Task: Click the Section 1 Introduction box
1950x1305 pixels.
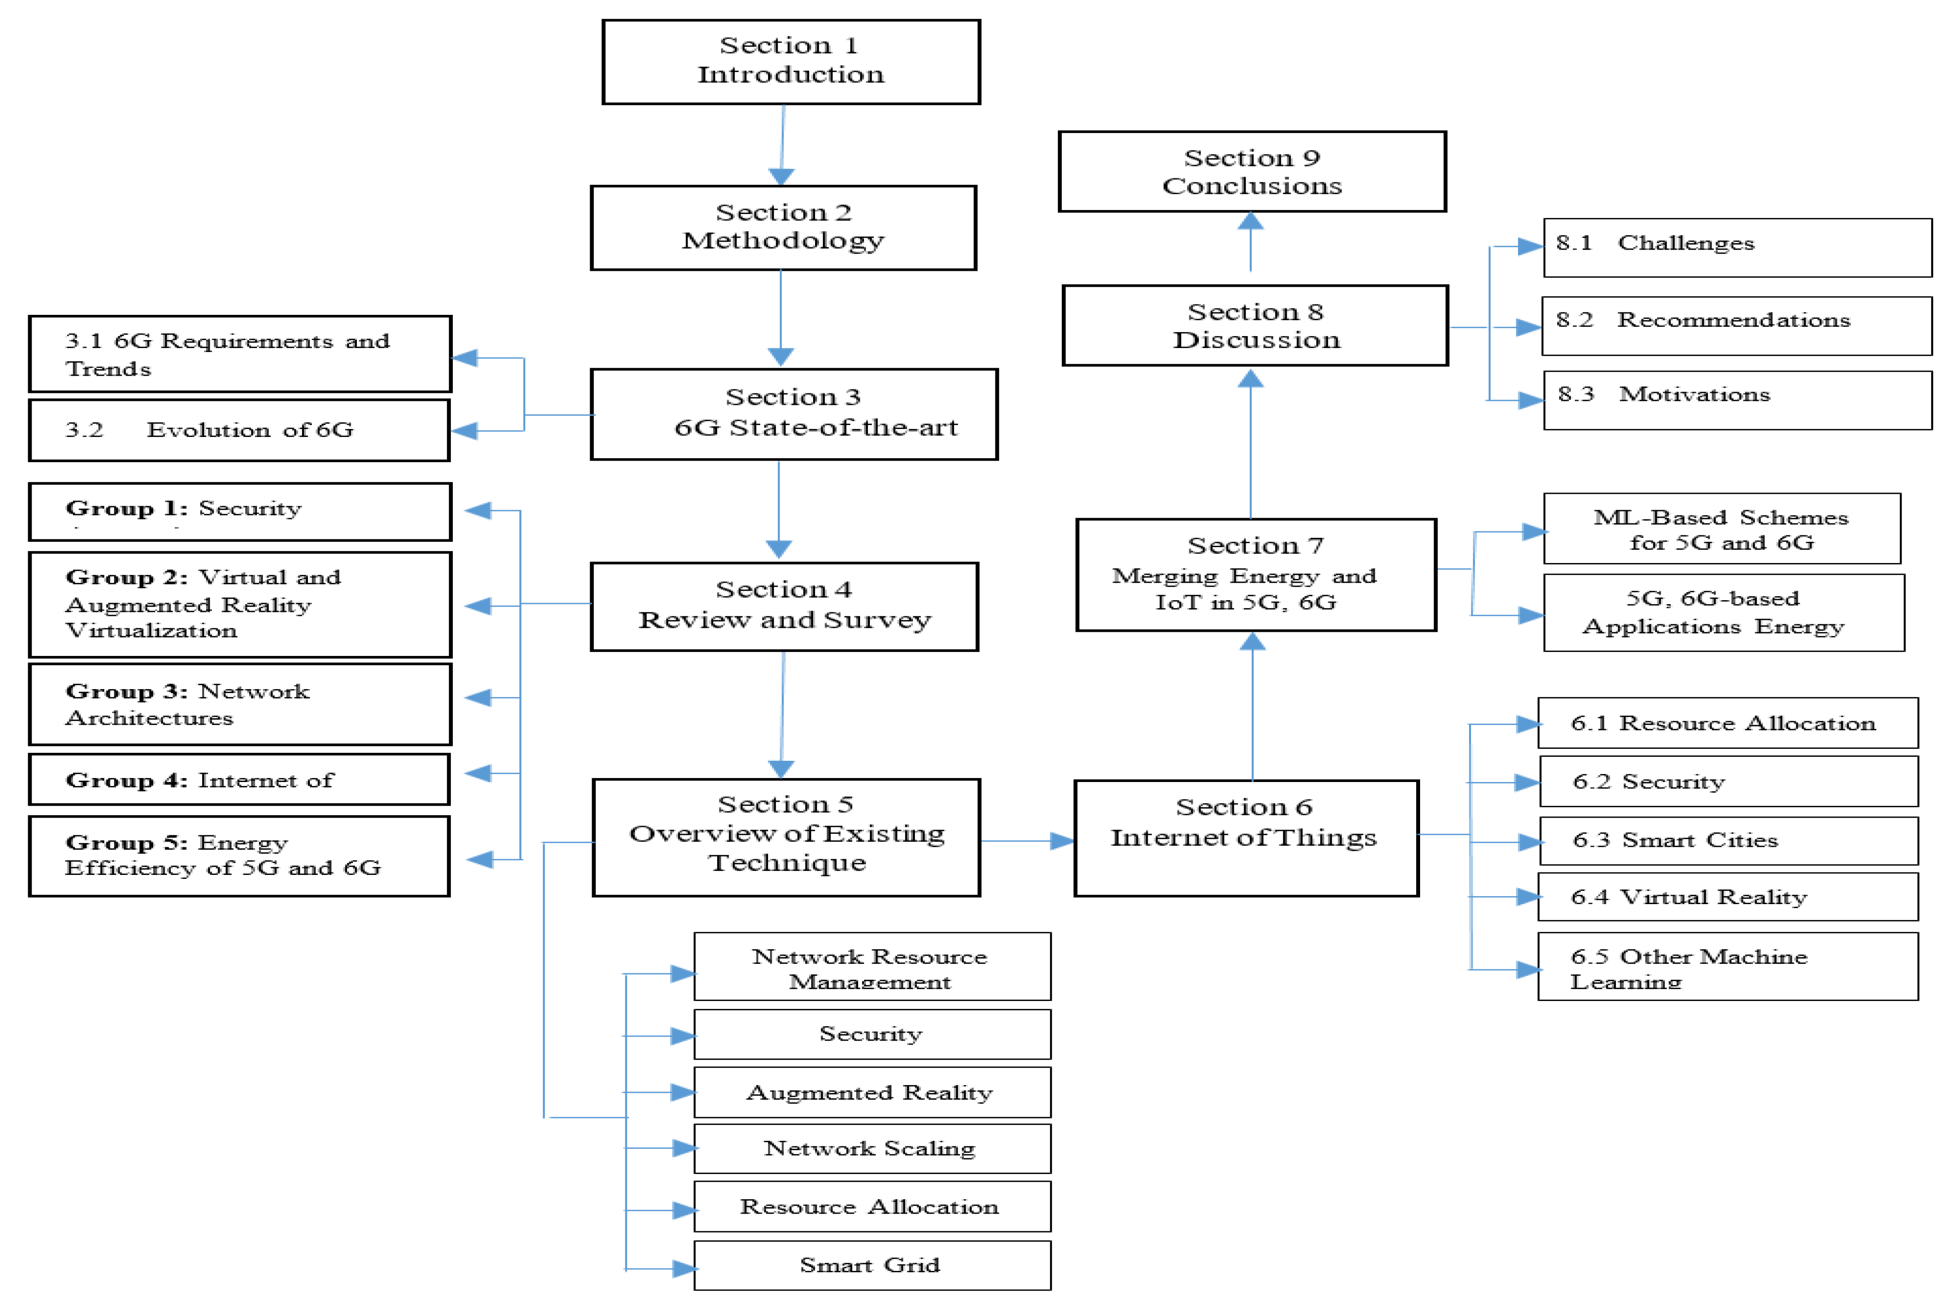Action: pyautogui.click(x=791, y=62)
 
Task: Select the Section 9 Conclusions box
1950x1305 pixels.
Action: pyautogui.click(x=1252, y=172)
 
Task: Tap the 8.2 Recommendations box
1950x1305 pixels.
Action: pyautogui.click(x=1736, y=325)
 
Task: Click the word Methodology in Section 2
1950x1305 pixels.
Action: pyautogui.click(x=782, y=241)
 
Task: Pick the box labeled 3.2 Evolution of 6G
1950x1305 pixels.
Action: pyautogui.click(x=239, y=430)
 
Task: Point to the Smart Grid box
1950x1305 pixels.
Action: pyautogui.click(x=871, y=1265)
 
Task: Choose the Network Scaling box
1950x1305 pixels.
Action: pyautogui.click(x=871, y=1148)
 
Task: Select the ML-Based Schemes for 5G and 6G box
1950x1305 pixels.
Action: pyautogui.click(x=1721, y=529)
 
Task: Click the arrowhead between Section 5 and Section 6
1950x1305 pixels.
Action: pyautogui.click(x=1061, y=841)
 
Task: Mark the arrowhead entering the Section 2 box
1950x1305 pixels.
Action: pyautogui.click(x=780, y=176)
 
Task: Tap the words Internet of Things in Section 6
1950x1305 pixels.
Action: pyautogui.click(x=1244, y=837)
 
